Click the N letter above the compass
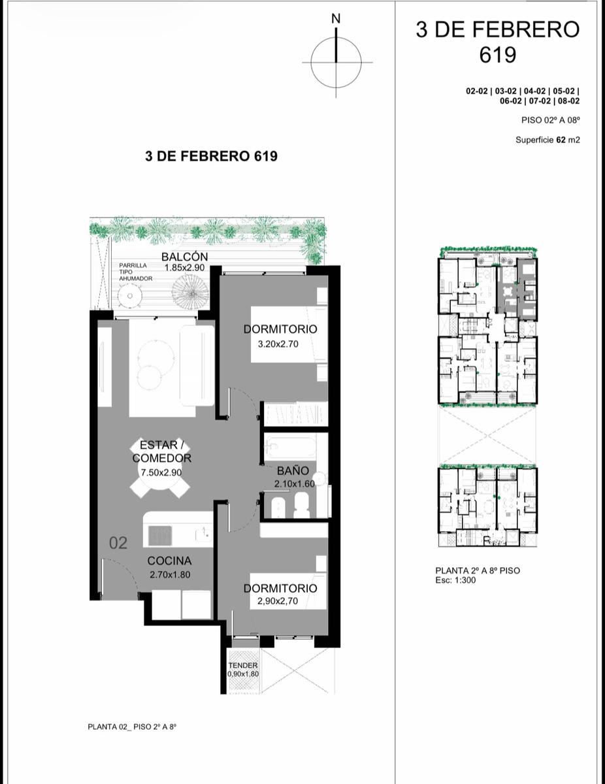336,18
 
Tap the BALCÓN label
185,257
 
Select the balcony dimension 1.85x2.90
185,268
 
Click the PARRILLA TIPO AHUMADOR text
136,272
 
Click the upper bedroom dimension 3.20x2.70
278,344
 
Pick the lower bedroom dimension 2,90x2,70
278,600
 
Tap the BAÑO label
293,470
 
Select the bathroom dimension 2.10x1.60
295,484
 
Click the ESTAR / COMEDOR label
161,451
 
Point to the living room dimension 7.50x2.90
161,472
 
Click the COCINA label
169,561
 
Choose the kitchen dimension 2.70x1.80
170,574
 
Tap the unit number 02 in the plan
118,543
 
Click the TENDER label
243,665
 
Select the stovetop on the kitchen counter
160,536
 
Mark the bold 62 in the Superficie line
561,140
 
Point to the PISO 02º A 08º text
551,120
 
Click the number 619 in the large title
497,55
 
